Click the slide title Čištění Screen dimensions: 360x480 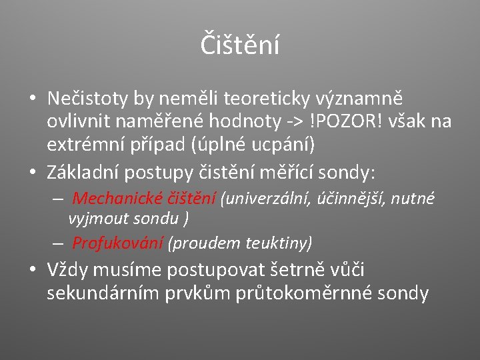pos(239,45)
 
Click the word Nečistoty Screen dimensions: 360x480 pos(87,99)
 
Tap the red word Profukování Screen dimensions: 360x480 pos(117,243)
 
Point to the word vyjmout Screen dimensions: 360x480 pos(95,218)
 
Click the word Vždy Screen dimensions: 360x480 pos(66,270)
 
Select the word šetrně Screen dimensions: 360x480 pos(297,270)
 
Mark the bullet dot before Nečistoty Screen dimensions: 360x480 pos(33,99)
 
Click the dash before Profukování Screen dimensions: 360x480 pos(59,243)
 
